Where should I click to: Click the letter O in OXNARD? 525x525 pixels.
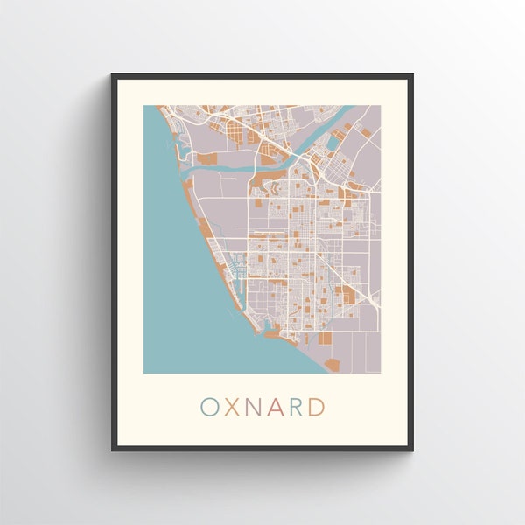[210, 407]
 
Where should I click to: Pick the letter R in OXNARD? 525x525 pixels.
[297, 407]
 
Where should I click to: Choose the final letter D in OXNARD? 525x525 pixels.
[318, 407]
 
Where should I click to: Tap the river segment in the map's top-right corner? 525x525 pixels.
[346, 113]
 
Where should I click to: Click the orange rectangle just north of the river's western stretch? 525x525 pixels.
[208, 157]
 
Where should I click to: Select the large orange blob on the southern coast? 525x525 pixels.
[332, 361]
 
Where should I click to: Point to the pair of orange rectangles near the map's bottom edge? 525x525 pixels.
[324, 337]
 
